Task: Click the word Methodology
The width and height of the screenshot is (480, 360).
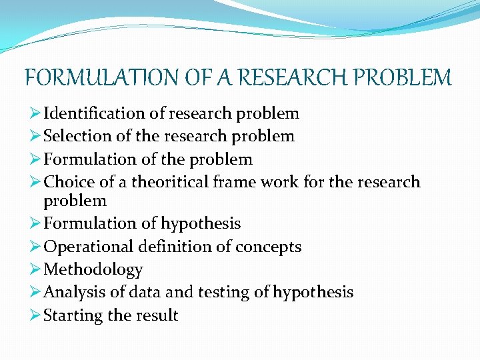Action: click(93, 270)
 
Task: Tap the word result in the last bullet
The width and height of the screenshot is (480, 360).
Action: click(156, 315)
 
